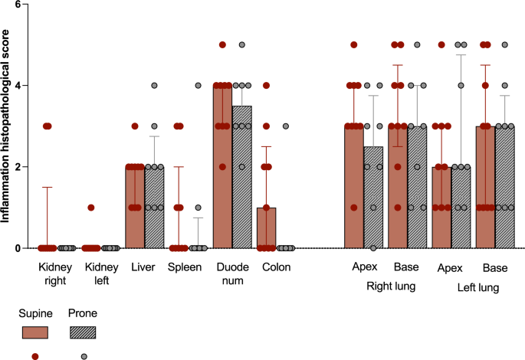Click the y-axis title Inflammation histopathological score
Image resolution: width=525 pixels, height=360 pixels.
(6, 126)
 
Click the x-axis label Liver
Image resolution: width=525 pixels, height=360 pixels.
(144, 267)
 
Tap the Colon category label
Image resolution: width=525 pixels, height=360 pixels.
(276, 267)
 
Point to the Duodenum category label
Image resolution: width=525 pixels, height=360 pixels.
(232, 274)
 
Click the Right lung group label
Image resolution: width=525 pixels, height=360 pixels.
(386, 288)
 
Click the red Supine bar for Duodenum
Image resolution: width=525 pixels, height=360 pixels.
(223, 169)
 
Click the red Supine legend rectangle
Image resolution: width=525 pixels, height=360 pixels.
(34, 332)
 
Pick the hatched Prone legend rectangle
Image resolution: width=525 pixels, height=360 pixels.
(84, 332)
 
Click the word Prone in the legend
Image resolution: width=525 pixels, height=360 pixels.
(84, 313)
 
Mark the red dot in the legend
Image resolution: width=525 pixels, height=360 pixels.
(34, 356)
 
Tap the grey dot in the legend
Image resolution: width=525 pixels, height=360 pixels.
(84, 356)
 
